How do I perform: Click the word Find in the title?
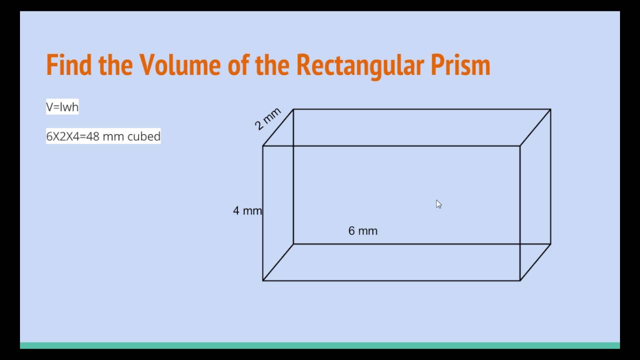pos(69,64)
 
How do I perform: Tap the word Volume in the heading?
pos(180,64)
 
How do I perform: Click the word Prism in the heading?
pos(460,64)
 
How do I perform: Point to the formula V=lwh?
pos(62,107)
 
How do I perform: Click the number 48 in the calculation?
pos(92,136)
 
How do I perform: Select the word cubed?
pos(144,136)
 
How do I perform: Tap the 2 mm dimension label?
pos(267,119)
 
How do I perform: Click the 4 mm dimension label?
pos(247,211)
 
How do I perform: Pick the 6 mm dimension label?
pos(363,231)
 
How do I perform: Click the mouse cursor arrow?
pos(438,204)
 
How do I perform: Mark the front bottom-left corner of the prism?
pos(263,280)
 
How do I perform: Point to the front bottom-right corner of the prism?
pos(520,280)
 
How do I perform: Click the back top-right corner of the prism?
pos(550,109)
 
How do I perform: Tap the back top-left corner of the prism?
pos(293,109)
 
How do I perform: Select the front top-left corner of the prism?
pos(263,146)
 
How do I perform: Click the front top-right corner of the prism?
pos(520,146)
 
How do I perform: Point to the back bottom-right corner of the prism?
pos(550,244)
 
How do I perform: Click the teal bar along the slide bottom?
pos(320,345)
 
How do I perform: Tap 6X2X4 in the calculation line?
pos(63,136)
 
